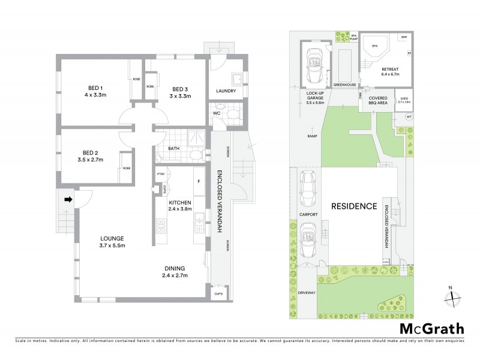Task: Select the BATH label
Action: (x=174, y=148)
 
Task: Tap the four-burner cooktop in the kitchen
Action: (x=161, y=226)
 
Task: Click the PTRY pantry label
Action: (x=161, y=174)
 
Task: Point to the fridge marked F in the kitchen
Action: (x=198, y=181)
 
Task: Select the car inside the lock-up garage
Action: (x=314, y=65)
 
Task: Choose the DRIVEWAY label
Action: (x=305, y=292)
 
